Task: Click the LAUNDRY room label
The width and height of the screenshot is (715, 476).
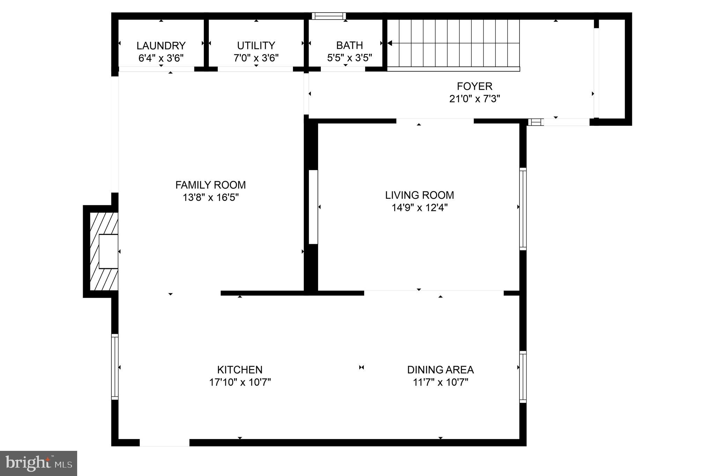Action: (161, 46)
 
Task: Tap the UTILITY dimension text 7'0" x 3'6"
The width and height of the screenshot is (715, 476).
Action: (256, 58)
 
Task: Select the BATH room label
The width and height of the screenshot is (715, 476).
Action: (349, 45)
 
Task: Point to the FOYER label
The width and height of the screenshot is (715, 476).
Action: (474, 86)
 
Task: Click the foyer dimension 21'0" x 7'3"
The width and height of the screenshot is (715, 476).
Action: (474, 99)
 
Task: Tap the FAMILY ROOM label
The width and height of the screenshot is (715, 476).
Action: (210, 185)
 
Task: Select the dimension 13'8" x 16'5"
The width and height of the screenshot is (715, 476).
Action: (210, 198)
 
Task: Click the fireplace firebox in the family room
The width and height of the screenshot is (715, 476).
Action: (108, 251)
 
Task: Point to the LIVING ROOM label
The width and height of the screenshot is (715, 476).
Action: (419, 195)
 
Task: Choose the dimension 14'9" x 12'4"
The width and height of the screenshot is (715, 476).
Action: (419, 208)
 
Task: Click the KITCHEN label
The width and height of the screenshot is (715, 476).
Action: (239, 369)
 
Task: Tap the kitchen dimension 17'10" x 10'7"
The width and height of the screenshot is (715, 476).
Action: (239, 382)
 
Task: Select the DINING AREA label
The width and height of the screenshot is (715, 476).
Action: (440, 369)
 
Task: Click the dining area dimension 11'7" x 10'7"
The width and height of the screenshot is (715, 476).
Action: (440, 382)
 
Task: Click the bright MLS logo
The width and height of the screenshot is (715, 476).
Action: (38, 463)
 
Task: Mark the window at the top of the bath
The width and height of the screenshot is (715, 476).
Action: (329, 16)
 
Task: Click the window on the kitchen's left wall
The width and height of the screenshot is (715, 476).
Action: (115, 367)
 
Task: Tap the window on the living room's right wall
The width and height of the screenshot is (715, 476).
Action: (523, 209)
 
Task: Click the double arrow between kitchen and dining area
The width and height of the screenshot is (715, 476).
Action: (361, 367)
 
